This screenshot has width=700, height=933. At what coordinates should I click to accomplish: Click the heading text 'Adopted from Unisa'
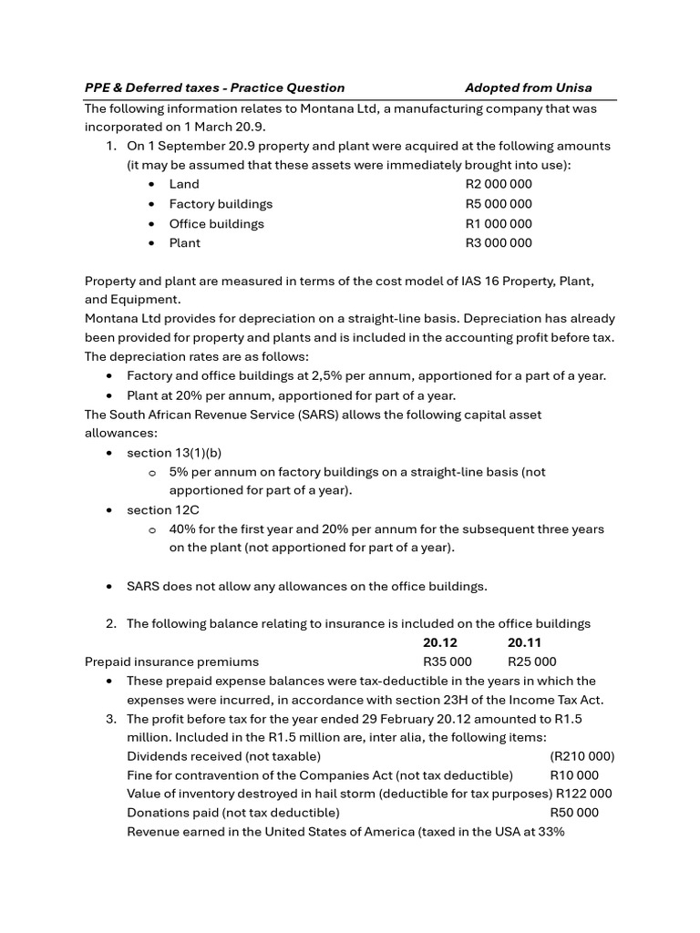click(528, 88)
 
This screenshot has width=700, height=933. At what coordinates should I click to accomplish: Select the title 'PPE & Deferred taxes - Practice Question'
click(214, 88)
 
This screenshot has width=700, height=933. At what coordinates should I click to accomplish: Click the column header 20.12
click(440, 643)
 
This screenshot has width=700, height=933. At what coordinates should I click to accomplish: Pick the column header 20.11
click(524, 643)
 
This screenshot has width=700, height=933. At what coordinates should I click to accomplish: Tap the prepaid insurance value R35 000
click(448, 662)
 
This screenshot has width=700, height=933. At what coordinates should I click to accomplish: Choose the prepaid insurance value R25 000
click(531, 662)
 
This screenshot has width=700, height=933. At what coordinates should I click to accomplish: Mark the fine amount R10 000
click(575, 775)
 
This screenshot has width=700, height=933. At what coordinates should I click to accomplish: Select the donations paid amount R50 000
click(575, 813)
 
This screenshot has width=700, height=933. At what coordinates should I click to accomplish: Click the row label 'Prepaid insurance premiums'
click(171, 662)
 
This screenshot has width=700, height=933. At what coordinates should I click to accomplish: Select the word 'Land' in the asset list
click(184, 184)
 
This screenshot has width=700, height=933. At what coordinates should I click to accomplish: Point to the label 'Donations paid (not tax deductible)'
click(233, 813)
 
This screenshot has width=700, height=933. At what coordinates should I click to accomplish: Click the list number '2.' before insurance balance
click(111, 624)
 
